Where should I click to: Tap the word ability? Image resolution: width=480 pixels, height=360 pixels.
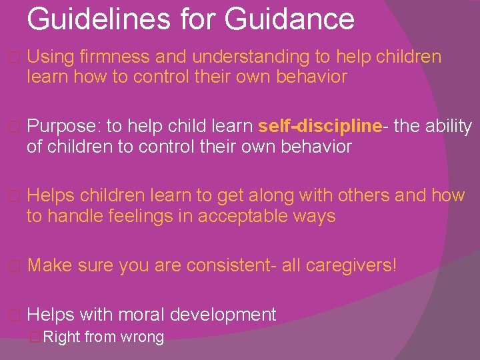coord(451,126)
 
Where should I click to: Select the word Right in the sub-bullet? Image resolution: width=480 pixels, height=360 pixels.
coord(61,337)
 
